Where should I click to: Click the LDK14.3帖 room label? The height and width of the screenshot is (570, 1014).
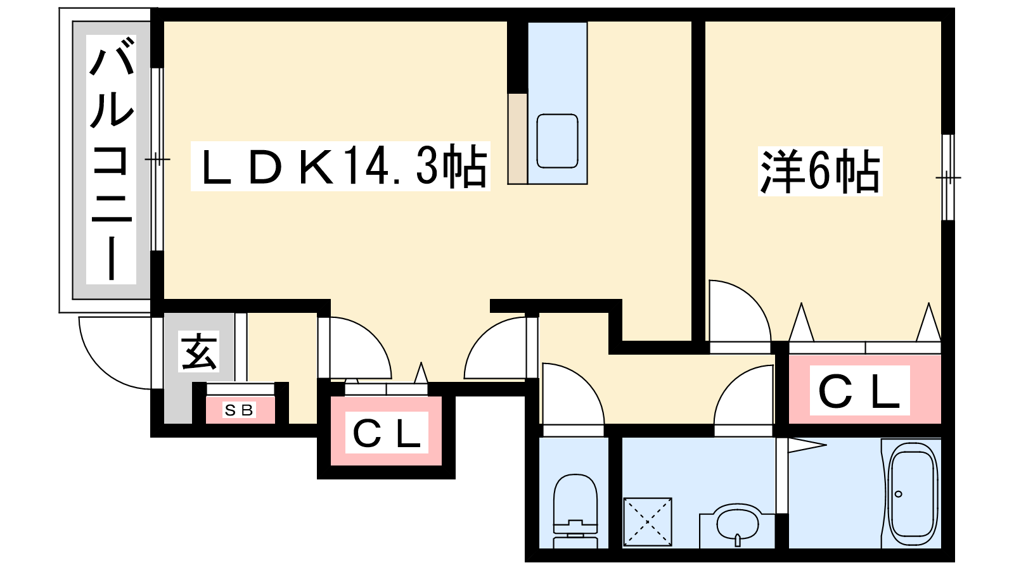(x=340, y=167)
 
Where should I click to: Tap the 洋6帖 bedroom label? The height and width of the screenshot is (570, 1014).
(x=820, y=171)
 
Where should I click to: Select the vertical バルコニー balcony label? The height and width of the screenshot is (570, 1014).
(x=112, y=160)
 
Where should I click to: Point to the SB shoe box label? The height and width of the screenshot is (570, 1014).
(x=240, y=410)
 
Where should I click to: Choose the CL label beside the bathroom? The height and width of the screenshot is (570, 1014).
(x=859, y=391)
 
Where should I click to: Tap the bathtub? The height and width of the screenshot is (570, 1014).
(x=912, y=494)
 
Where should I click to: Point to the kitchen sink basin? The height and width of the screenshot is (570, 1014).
(x=557, y=141)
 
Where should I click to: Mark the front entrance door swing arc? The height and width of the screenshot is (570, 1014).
(x=114, y=355)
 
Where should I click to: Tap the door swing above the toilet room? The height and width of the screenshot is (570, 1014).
(x=568, y=396)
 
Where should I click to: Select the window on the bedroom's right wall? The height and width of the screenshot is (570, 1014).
(x=947, y=177)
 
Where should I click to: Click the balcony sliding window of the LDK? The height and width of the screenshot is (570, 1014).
(x=157, y=158)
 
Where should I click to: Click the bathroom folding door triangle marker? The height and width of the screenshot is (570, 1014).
(x=805, y=445)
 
